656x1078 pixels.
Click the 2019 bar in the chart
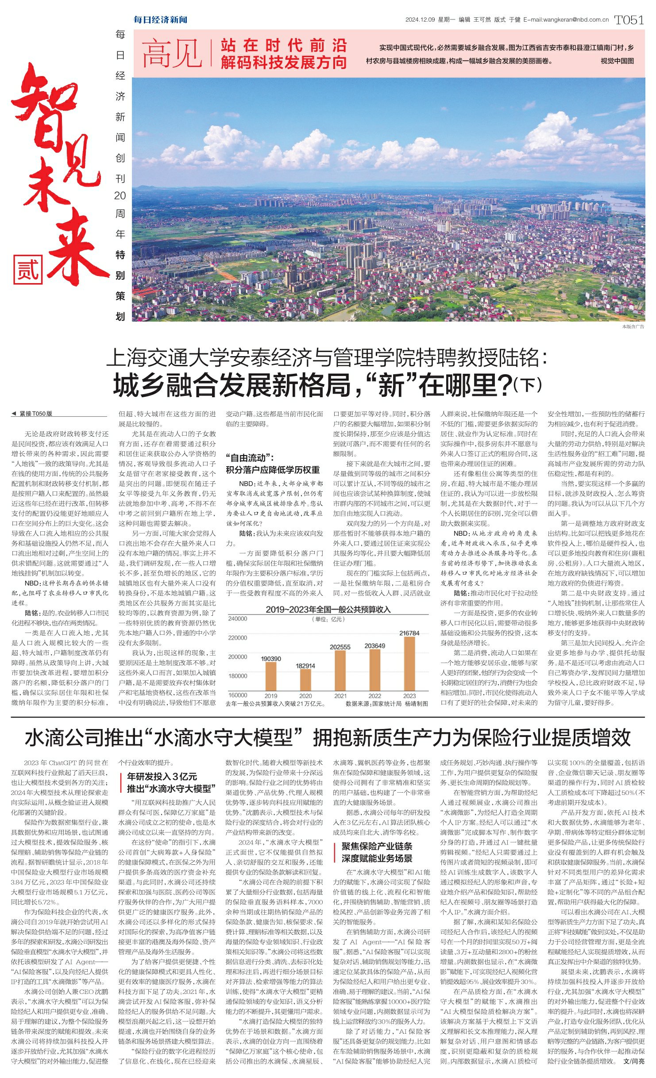pyautogui.click(x=270, y=676)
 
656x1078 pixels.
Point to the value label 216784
pyautogui.click(x=409, y=633)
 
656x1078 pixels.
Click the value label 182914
pyautogui.click(x=305, y=666)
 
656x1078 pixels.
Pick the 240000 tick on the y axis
pyautogui.click(x=238, y=618)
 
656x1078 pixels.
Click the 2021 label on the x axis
pyautogui.click(x=340, y=696)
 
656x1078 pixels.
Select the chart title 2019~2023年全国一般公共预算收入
pyautogui.click(x=328, y=610)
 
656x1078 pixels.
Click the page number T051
pyautogui.click(x=629, y=20)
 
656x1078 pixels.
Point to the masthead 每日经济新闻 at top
pyautogui.click(x=161, y=19)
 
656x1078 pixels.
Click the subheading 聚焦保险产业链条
pyautogui.click(x=377, y=846)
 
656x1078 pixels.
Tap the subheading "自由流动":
pyautogui.click(x=250, y=458)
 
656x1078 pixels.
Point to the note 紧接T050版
pyautogui.click(x=35, y=414)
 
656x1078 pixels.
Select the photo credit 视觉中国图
pyautogui.click(x=617, y=61)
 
